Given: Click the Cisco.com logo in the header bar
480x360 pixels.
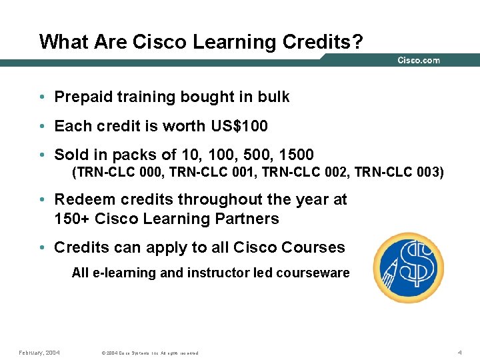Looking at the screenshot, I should pos(419,61).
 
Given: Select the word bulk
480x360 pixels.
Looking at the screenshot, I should pos(274,97).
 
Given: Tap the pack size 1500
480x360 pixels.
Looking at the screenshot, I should pos(293,155).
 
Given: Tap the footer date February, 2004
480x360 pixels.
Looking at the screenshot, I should pos(39,352).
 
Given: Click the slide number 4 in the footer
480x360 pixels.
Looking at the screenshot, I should pos(460,352).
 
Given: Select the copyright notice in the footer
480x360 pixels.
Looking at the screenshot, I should pos(149,353).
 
